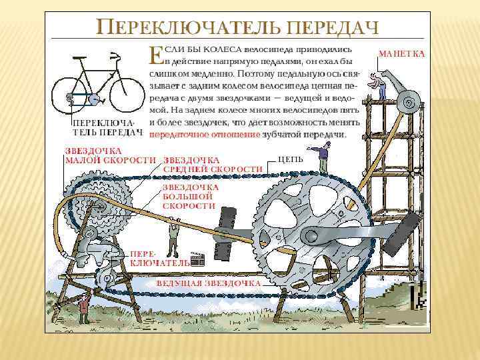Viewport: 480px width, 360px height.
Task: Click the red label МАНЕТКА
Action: [401, 53]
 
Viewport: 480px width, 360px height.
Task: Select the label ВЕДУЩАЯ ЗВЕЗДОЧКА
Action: [208, 283]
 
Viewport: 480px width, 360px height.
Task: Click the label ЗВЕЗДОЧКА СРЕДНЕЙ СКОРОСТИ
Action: [212, 165]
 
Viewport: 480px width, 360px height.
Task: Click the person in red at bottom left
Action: [84, 307]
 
